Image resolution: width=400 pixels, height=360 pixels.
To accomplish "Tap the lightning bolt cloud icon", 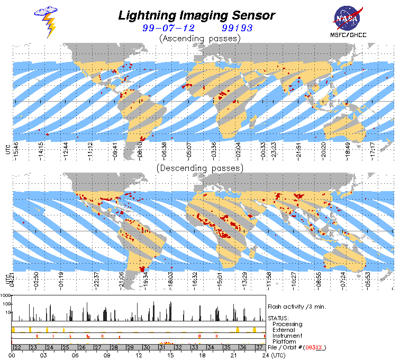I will [47, 21].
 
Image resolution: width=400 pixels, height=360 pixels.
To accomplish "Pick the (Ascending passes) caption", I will [199, 38].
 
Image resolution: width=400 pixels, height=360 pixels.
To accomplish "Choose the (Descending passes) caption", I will [199, 168].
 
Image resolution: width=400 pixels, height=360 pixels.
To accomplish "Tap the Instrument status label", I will [287, 335].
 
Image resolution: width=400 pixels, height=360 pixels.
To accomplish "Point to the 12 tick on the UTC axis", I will [139, 355].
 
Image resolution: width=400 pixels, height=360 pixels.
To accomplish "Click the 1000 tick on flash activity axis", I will [6, 295].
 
